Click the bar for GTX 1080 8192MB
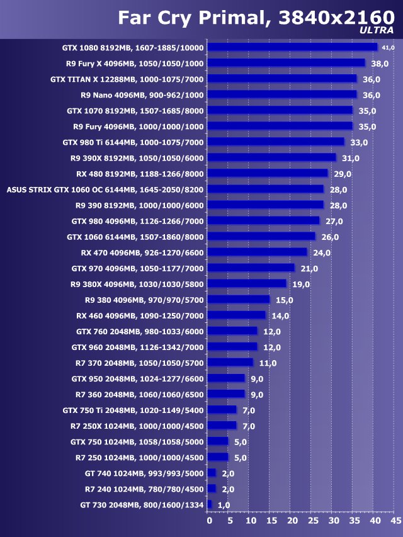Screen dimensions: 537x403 [x=292, y=47]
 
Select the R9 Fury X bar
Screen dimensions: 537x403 [x=286, y=63]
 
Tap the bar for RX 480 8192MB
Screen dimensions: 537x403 [x=268, y=173]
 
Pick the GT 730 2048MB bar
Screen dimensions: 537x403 [x=210, y=504]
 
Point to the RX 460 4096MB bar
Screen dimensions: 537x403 [x=236, y=315]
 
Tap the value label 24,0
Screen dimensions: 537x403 [x=322, y=253]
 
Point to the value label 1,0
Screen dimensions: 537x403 [x=224, y=505]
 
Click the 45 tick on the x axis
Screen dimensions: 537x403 [x=395, y=521]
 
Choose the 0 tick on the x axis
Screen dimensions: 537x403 [x=210, y=521]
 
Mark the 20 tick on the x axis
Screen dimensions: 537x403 [x=292, y=521]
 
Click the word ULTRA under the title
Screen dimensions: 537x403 [x=377, y=30]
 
